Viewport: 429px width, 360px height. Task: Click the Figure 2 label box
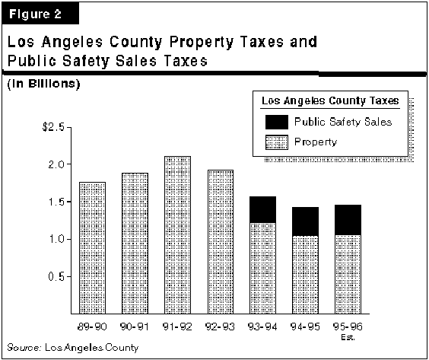[40, 14]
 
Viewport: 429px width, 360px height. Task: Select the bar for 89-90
[93, 248]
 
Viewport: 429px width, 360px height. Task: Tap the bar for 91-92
[177, 235]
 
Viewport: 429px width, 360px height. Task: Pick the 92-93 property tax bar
[221, 242]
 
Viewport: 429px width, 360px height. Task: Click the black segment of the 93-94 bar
[263, 210]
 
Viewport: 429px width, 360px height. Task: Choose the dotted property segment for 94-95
[305, 275]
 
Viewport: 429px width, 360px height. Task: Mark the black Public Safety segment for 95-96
[348, 220]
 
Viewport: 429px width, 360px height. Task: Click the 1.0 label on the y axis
[56, 239]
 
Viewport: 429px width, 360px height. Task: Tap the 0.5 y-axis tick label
[56, 276]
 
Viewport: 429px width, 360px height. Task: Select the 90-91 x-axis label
[135, 327]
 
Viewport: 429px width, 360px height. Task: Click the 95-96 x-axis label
[348, 327]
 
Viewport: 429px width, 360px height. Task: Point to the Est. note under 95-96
[348, 337]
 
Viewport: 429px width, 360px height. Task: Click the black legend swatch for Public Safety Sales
[277, 122]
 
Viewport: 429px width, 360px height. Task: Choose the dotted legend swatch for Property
[277, 142]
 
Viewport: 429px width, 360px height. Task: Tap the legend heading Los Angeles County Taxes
[330, 100]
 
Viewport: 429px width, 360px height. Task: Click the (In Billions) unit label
[43, 84]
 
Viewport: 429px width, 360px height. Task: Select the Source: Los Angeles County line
[73, 348]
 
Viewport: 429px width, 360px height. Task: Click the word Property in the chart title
[202, 43]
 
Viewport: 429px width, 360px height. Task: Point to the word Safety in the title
[86, 61]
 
